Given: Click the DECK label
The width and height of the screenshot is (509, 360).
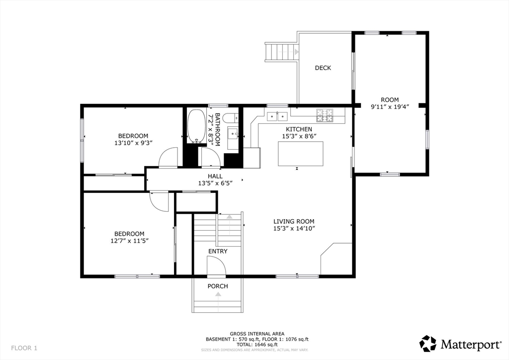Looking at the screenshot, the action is click(x=323, y=68).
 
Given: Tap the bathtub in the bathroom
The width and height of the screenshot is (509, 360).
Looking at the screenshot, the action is click(x=196, y=126).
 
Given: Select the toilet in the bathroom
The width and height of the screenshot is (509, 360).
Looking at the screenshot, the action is click(x=232, y=118).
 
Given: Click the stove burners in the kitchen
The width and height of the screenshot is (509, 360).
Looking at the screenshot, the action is click(x=325, y=115).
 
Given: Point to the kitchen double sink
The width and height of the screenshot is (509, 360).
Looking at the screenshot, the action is click(x=277, y=116).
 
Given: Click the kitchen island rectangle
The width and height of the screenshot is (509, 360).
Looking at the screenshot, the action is click(x=301, y=154).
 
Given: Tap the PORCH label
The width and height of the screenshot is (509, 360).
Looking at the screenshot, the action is click(x=218, y=286).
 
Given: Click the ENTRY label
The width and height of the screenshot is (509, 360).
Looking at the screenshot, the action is click(x=218, y=251).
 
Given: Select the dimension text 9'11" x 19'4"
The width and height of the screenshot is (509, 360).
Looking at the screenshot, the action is click(x=390, y=106).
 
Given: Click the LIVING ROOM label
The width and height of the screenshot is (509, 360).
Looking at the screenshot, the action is click(x=294, y=221).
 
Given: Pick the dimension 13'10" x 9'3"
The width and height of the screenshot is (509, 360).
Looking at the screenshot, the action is click(x=133, y=143).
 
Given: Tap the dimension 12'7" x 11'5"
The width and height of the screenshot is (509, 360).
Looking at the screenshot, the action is click(x=130, y=241).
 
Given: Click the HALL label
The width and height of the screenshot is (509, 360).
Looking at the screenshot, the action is click(x=215, y=176).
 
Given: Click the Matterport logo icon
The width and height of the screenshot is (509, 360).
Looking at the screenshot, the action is click(x=428, y=344).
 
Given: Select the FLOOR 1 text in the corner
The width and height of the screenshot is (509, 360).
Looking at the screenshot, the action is click(x=24, y=348).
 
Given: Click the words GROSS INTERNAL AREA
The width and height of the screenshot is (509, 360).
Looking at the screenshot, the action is click(x=257, y=334).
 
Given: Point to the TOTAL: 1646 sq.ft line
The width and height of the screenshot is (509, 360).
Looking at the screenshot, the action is click(x=257, y=345).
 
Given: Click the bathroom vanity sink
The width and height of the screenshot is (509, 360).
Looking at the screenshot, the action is click(x=233, y=133).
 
